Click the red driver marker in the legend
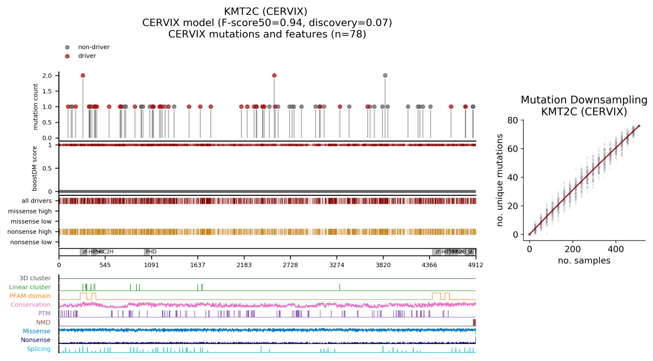pyautogui.click(x=67, y=56)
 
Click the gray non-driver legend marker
pyautogui.click(x=67, y=47)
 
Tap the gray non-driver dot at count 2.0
pyautogui.click(x=385, y=75)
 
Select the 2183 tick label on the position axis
pyautogui.click(x=244, y=265)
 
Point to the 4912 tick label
pyautogui.click(x=475, y=265)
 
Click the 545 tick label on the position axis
pyautogui.click(x=105, y=265)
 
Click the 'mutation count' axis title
pyautogui.click(x=36, y=107)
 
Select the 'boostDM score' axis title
pyautogui.click(x=35, y=168)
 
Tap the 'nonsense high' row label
pyautogui.click(x=30, y=232)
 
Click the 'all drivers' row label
pyautogui.click(x=36, y=201)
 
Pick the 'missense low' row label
pyautogui.click(x=31, y=221)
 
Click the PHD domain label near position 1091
pyautogui.click(x=151, y=252)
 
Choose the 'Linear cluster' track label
pyautogui.click(x=30, y=287)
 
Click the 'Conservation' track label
pyautogui.click(x=31, y=305)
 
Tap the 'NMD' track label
pyautogui.click(x=43, y=322)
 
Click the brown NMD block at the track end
pyautogui.click(x=474, y=322)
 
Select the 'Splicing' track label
pyautogui.click(x=39, y=349)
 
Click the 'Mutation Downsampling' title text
pyautogui.click(x=584, y=100)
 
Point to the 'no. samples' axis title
pyautogui.click(x=584, y=260)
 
